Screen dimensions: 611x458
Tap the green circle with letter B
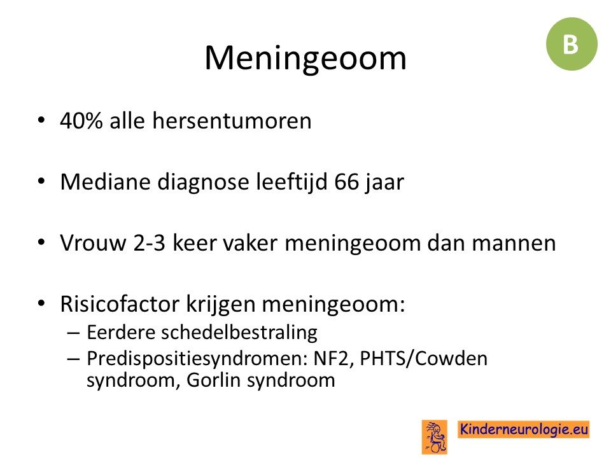[572, 44]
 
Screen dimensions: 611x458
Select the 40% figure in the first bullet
[81, 120]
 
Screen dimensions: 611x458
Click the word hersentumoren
[232, 120]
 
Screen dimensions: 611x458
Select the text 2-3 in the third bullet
[149, 243]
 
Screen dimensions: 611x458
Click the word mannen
[514, 244]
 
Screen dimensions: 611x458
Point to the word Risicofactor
[120, 304]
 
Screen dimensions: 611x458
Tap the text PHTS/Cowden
[424, 359]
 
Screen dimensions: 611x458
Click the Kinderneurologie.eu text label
[524, 429]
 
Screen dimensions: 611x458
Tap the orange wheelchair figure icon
[435, 436]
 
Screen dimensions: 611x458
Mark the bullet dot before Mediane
[41, 181]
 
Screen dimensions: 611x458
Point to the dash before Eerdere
[73, 333]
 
